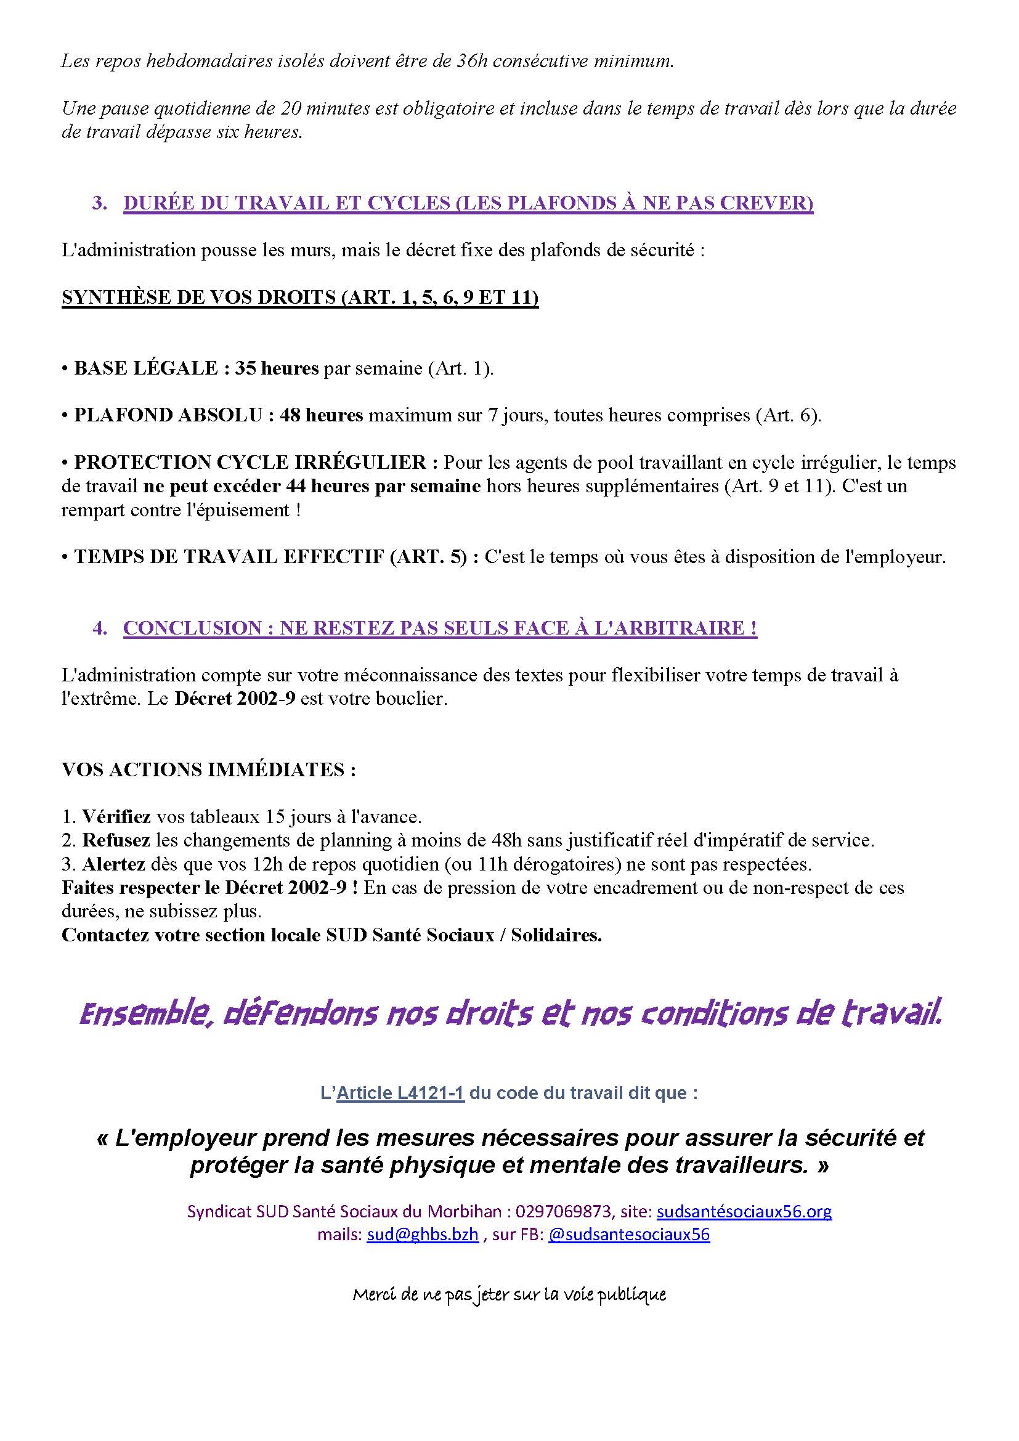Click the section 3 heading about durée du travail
click(468, 203)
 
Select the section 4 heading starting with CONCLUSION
click(440, 628)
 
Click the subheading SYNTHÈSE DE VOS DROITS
click(300, 298)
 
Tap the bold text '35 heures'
click(277, 368)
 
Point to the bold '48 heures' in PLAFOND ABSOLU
click(321, 415)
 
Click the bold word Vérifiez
click(116, 816)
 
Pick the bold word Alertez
click(113, 864)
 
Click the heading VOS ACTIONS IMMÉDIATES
click(209, 770)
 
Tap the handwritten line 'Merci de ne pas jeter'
click(509, 1294)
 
